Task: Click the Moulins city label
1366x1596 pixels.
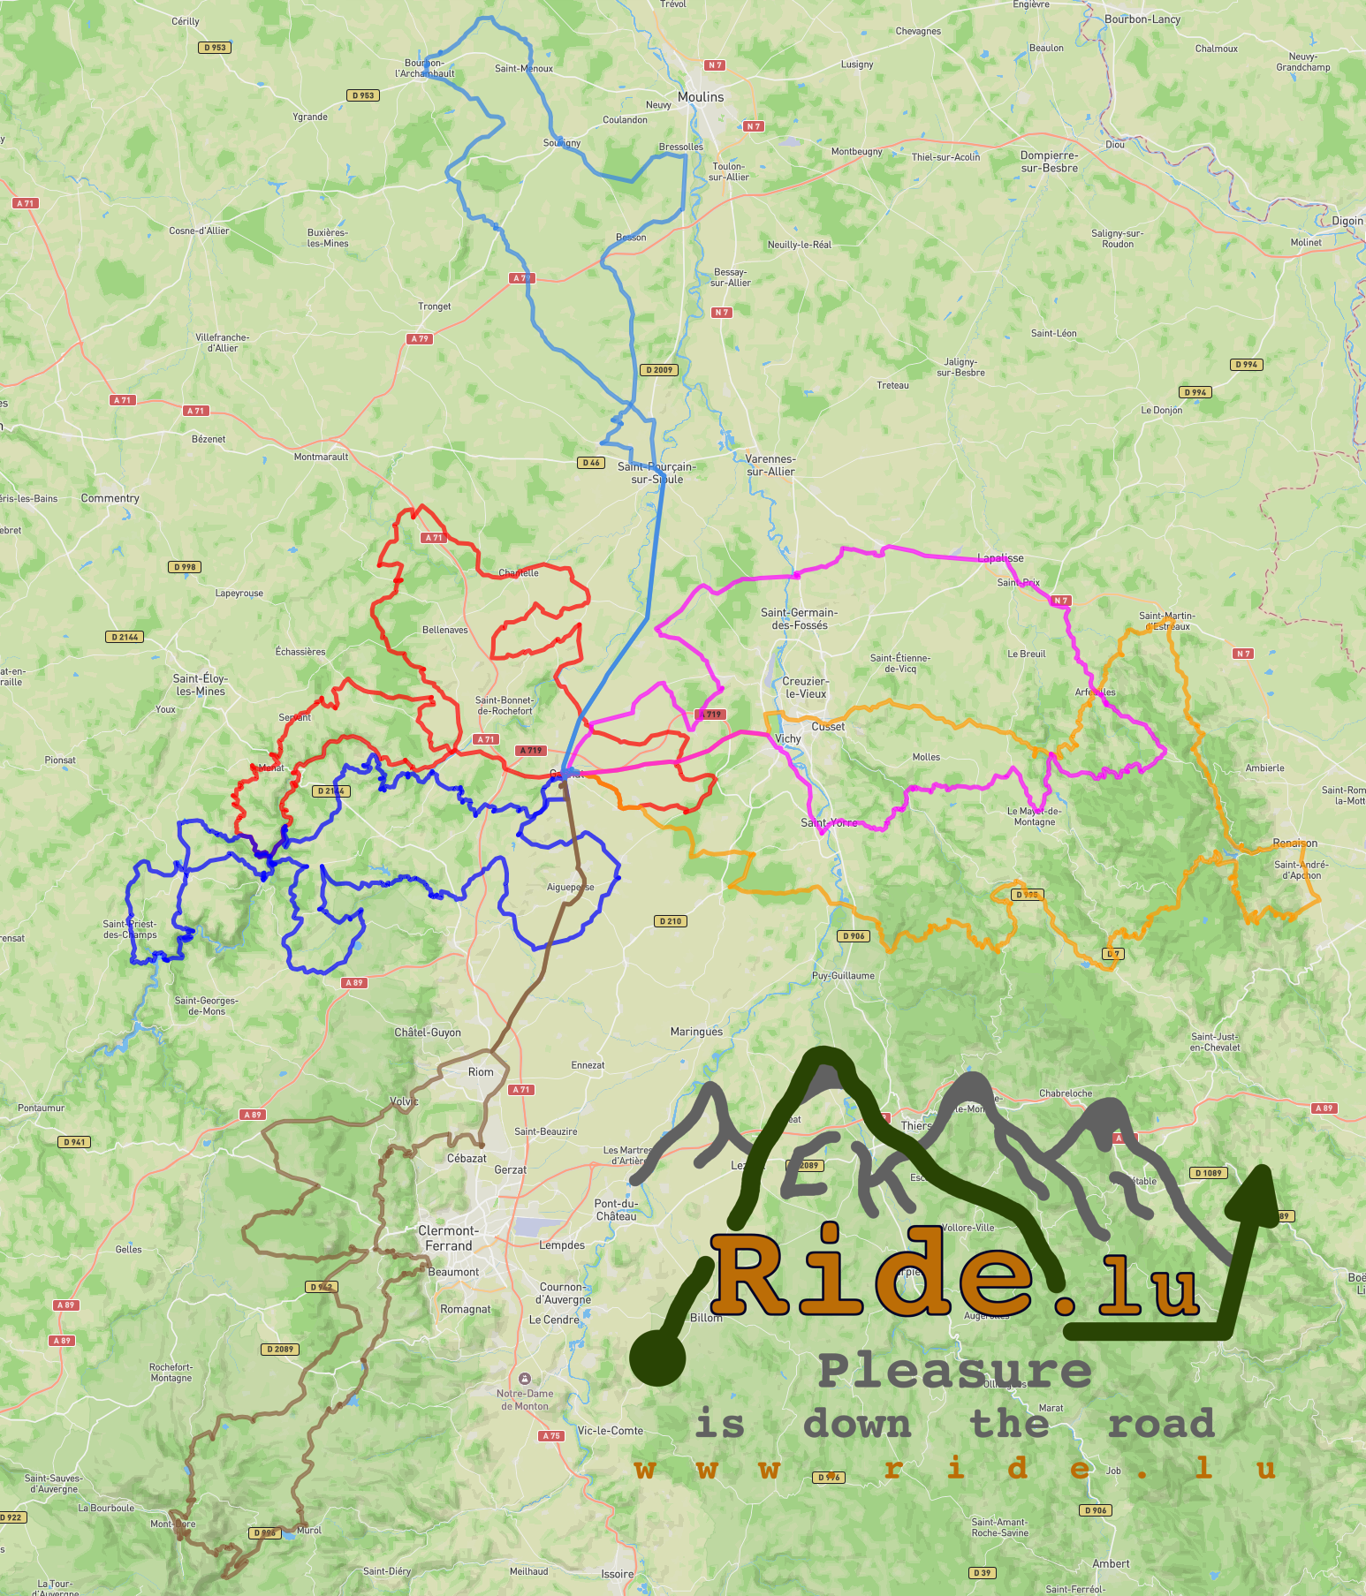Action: [x=701, y=97]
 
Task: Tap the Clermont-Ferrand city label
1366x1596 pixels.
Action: [x=448, y=1237]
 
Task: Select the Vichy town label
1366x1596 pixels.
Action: [x=787, y=738]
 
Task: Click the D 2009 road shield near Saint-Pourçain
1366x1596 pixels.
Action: [x=659, y=370]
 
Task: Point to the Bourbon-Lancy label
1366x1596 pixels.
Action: [x=1142, y=19]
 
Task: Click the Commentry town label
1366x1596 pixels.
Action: [x=110, y=498]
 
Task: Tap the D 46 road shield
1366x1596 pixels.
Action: [x=591, y=463]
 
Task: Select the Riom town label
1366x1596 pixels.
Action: [x=481, y=1071]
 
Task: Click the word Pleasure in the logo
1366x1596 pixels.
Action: [x=954, y=1371]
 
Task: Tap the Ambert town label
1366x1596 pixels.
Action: [x=1111, y=1563]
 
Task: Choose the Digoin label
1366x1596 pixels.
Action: [x=1347, y=221]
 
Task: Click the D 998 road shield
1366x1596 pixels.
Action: [x=185, y=567]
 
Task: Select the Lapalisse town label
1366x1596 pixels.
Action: [x=1000, y=558]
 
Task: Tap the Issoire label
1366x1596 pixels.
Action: [x=618, y=1574]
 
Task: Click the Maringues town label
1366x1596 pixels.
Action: [x=696, y=1032]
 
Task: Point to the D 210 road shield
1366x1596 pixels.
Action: [x=671, y=921]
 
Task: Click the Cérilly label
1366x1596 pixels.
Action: [x=186, y=21]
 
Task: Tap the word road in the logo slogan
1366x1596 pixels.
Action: [x=1161, y=1424]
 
